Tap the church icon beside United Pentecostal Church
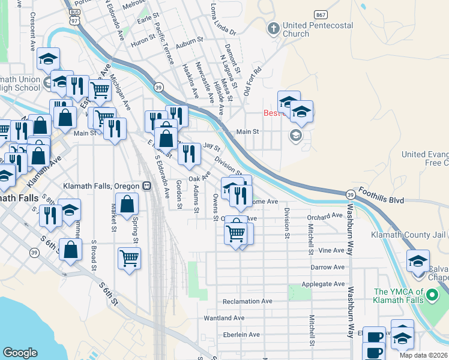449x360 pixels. coord(274,28)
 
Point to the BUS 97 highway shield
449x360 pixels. coord(74,16)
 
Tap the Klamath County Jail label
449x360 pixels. coord(409,235)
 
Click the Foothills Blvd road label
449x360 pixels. coord(381,196)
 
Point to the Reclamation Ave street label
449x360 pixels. coord(247,301)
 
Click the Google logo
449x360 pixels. coord(20,353)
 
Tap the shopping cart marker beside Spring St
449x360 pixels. coord(129,258)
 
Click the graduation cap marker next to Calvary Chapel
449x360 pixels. coord(418,262)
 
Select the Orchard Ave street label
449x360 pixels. coord(324,217)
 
